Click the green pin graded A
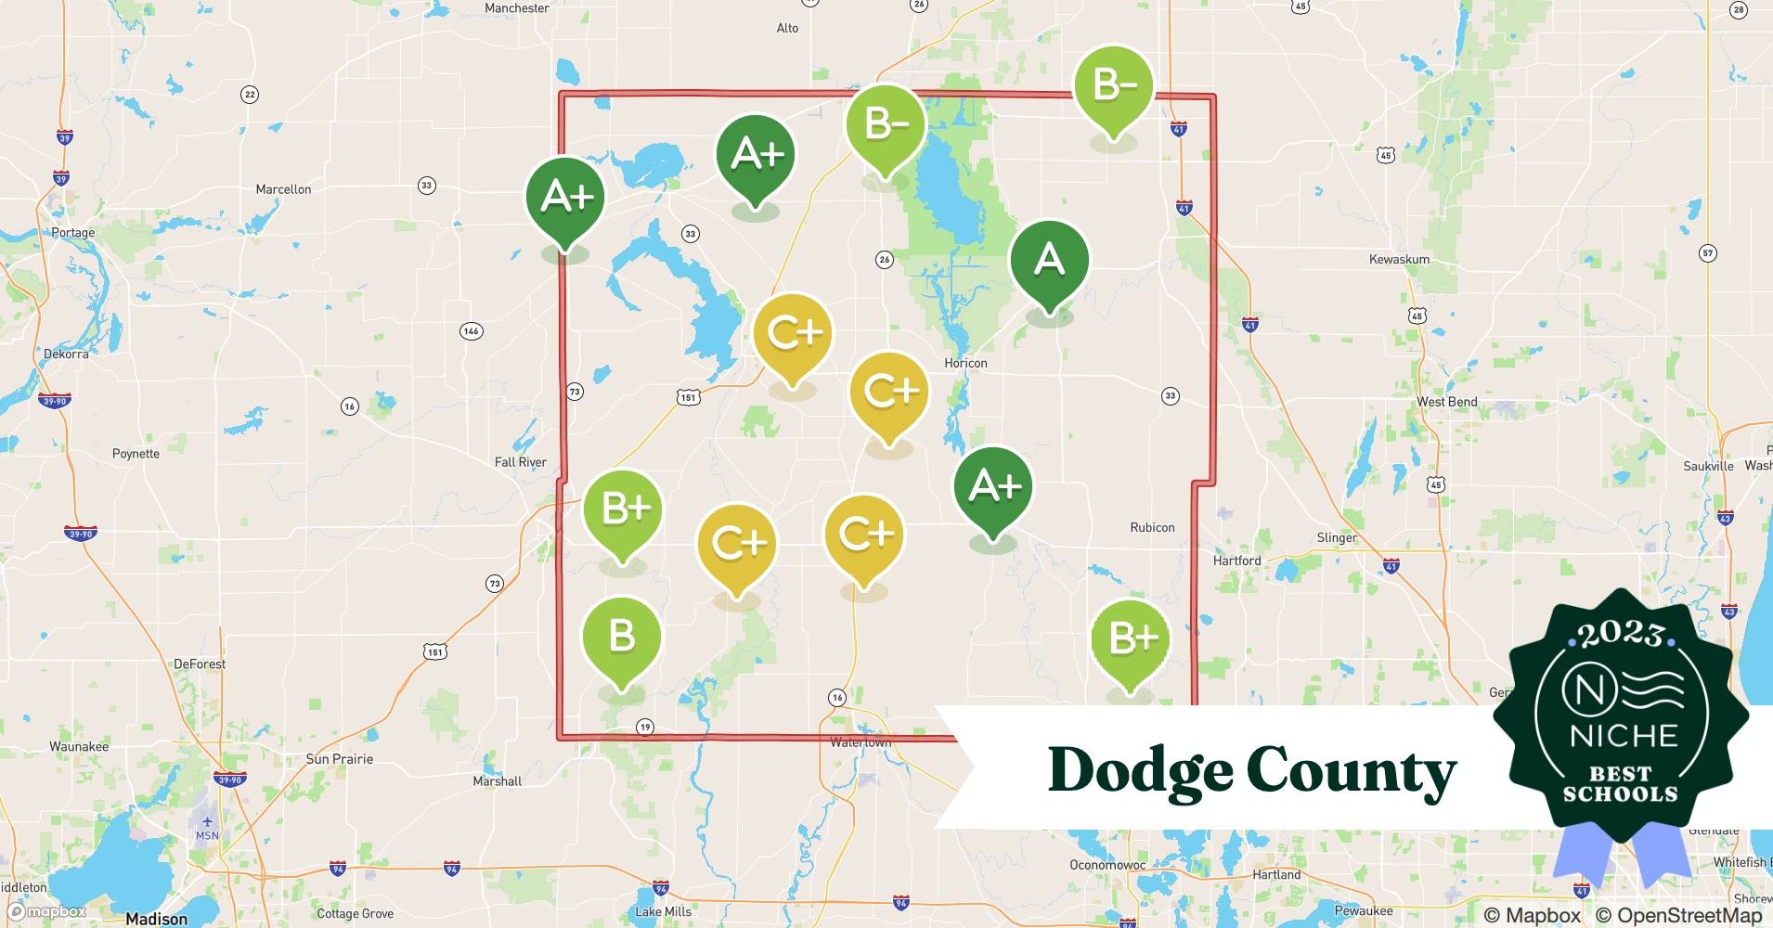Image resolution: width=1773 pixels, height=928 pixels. pyautogui.click(x=1049, y=260)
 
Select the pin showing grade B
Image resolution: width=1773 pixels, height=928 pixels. pyautogui.click(x=621, y=638)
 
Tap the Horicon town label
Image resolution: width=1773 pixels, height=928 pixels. pyautogui.click(x=965, y=363)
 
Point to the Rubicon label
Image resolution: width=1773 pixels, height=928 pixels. pyautogui.click(x=1152, y=527)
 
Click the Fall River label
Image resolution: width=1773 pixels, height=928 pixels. pyautogui.click(x=520, y=462)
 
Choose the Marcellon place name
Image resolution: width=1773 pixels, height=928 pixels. pyautogui.click(x=283, y=189)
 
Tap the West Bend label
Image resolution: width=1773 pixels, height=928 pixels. pyautogui.click(x=1446, y=402)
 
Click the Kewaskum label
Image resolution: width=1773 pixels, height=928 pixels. pyautogui.click(x=1399, y=259)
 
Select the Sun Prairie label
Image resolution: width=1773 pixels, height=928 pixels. pyautogui.click(x=339, y=759)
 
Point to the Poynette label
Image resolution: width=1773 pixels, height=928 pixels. pyautogui.click(x=136, y=454)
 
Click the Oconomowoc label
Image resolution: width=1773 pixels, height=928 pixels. pyautogui.click(x=1107, y=865)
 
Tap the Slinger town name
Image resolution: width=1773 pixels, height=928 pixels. pyautogui.click(x=1337, y=537)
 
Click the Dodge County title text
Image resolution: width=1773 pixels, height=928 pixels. pyautogui.click(x=1251, y=771)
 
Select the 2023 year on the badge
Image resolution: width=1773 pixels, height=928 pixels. pyautogui.click(x=1621, y=634)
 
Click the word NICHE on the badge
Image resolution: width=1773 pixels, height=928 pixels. pyautogui.click(x=1624, y=736)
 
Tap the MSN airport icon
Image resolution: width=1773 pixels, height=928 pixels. pyautogui.click(x=206, y=821)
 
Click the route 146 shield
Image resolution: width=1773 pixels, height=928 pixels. pyautogui.click(x=471, y=331)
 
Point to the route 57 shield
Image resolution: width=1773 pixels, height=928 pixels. pyautogui.click(x=1707, y=253)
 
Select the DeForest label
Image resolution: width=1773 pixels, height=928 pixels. pyautogui.click(x=200, y=664)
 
